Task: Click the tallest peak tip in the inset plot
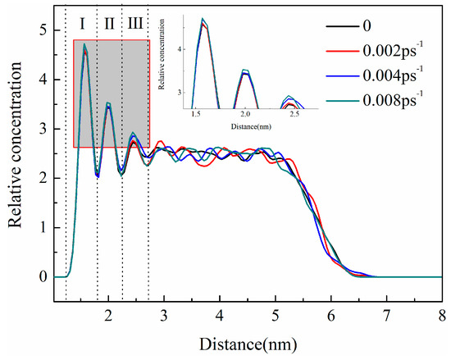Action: [203, 19]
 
